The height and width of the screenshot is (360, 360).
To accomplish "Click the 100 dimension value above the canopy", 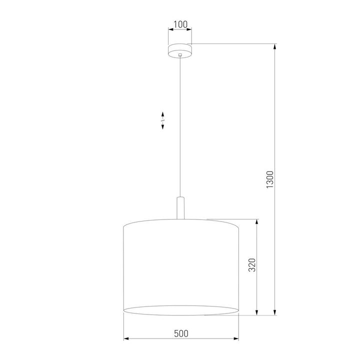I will click(x=180, y=24).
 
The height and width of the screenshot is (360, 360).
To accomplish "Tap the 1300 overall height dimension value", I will click(x=269, y=179).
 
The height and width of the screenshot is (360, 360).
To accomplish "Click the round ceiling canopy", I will click(x=180, y=50).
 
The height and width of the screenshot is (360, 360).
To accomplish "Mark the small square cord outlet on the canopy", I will click(x=180, y=55).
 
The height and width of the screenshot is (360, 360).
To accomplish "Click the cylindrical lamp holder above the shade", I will click(x=180, y=207).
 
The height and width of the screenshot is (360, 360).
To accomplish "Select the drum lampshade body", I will click(x=182, y=265).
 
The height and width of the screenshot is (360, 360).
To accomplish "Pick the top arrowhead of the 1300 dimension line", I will click(x=275, y=47).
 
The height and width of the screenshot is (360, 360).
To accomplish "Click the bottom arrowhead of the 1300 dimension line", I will click(x=275, y=313).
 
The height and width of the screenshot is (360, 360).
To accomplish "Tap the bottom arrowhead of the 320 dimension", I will click(x=257, y=313).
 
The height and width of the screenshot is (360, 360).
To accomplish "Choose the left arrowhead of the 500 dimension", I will click(x=126, y=339).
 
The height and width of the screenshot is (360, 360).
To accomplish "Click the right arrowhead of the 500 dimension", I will click(x=238, y=339).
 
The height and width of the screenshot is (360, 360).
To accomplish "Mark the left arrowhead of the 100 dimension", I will click(x=171, y=30).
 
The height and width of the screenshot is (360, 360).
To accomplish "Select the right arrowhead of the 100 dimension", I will click(x=189, y=30).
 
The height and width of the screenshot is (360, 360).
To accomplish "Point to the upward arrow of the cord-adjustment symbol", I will click(x=163, y=114).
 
